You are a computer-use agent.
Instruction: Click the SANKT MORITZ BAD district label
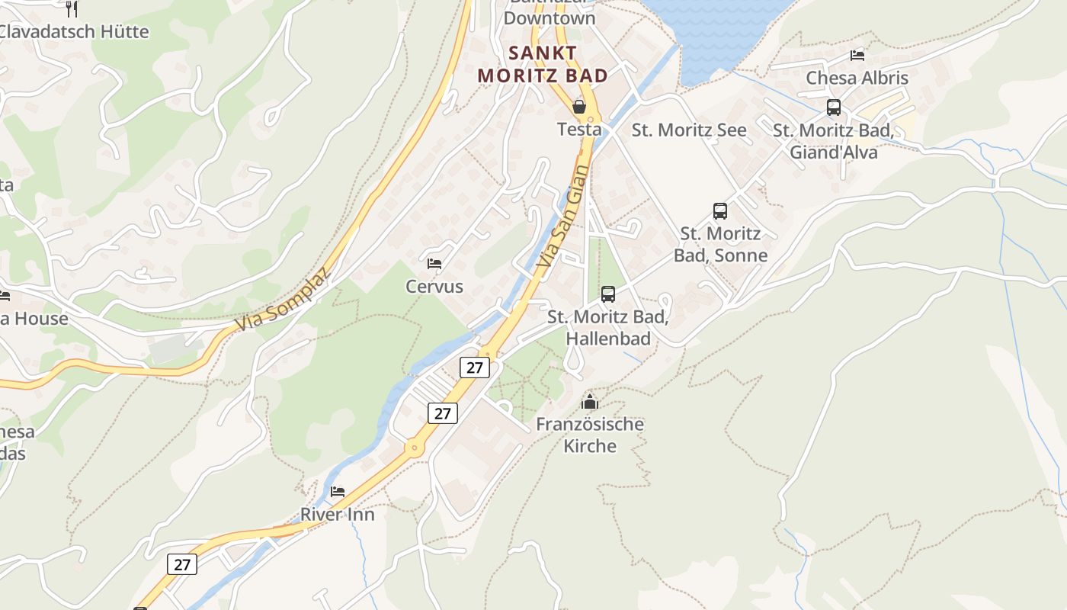click(x=543, y=64)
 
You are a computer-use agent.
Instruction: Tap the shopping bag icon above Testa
click(x=579, y=106)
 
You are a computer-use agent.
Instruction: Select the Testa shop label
click(x=579, y=129)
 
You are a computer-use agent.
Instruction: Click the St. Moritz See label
click(x=689, y=130)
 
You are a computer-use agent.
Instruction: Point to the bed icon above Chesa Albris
click(x=857, y=55)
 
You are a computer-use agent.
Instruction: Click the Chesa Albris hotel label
click(x=857, y=78)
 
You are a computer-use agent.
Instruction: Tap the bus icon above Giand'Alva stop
click(x=833, y=107)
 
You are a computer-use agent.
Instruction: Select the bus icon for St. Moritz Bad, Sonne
click(x=719, y=210)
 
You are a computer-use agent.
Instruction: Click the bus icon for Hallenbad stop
click(x=607, y=294)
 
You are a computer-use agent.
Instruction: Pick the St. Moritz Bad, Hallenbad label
click(x=608, y=327)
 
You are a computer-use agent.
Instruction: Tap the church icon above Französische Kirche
click(x=589, y=401)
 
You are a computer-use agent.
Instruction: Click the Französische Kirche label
click(x=590, y=435)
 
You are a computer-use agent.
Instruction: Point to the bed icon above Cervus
click(x=434, y=264)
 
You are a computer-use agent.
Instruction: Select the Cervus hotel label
click(x=434, y=287)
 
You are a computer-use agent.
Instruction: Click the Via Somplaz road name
click(x=284, y=300)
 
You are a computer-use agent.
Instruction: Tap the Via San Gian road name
click(x=562, y=217)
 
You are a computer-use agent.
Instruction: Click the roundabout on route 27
click(x=415, y=448)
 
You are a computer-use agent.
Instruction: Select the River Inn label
click(x=338, y=514)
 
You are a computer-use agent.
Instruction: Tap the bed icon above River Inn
click(x=338, y=491)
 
